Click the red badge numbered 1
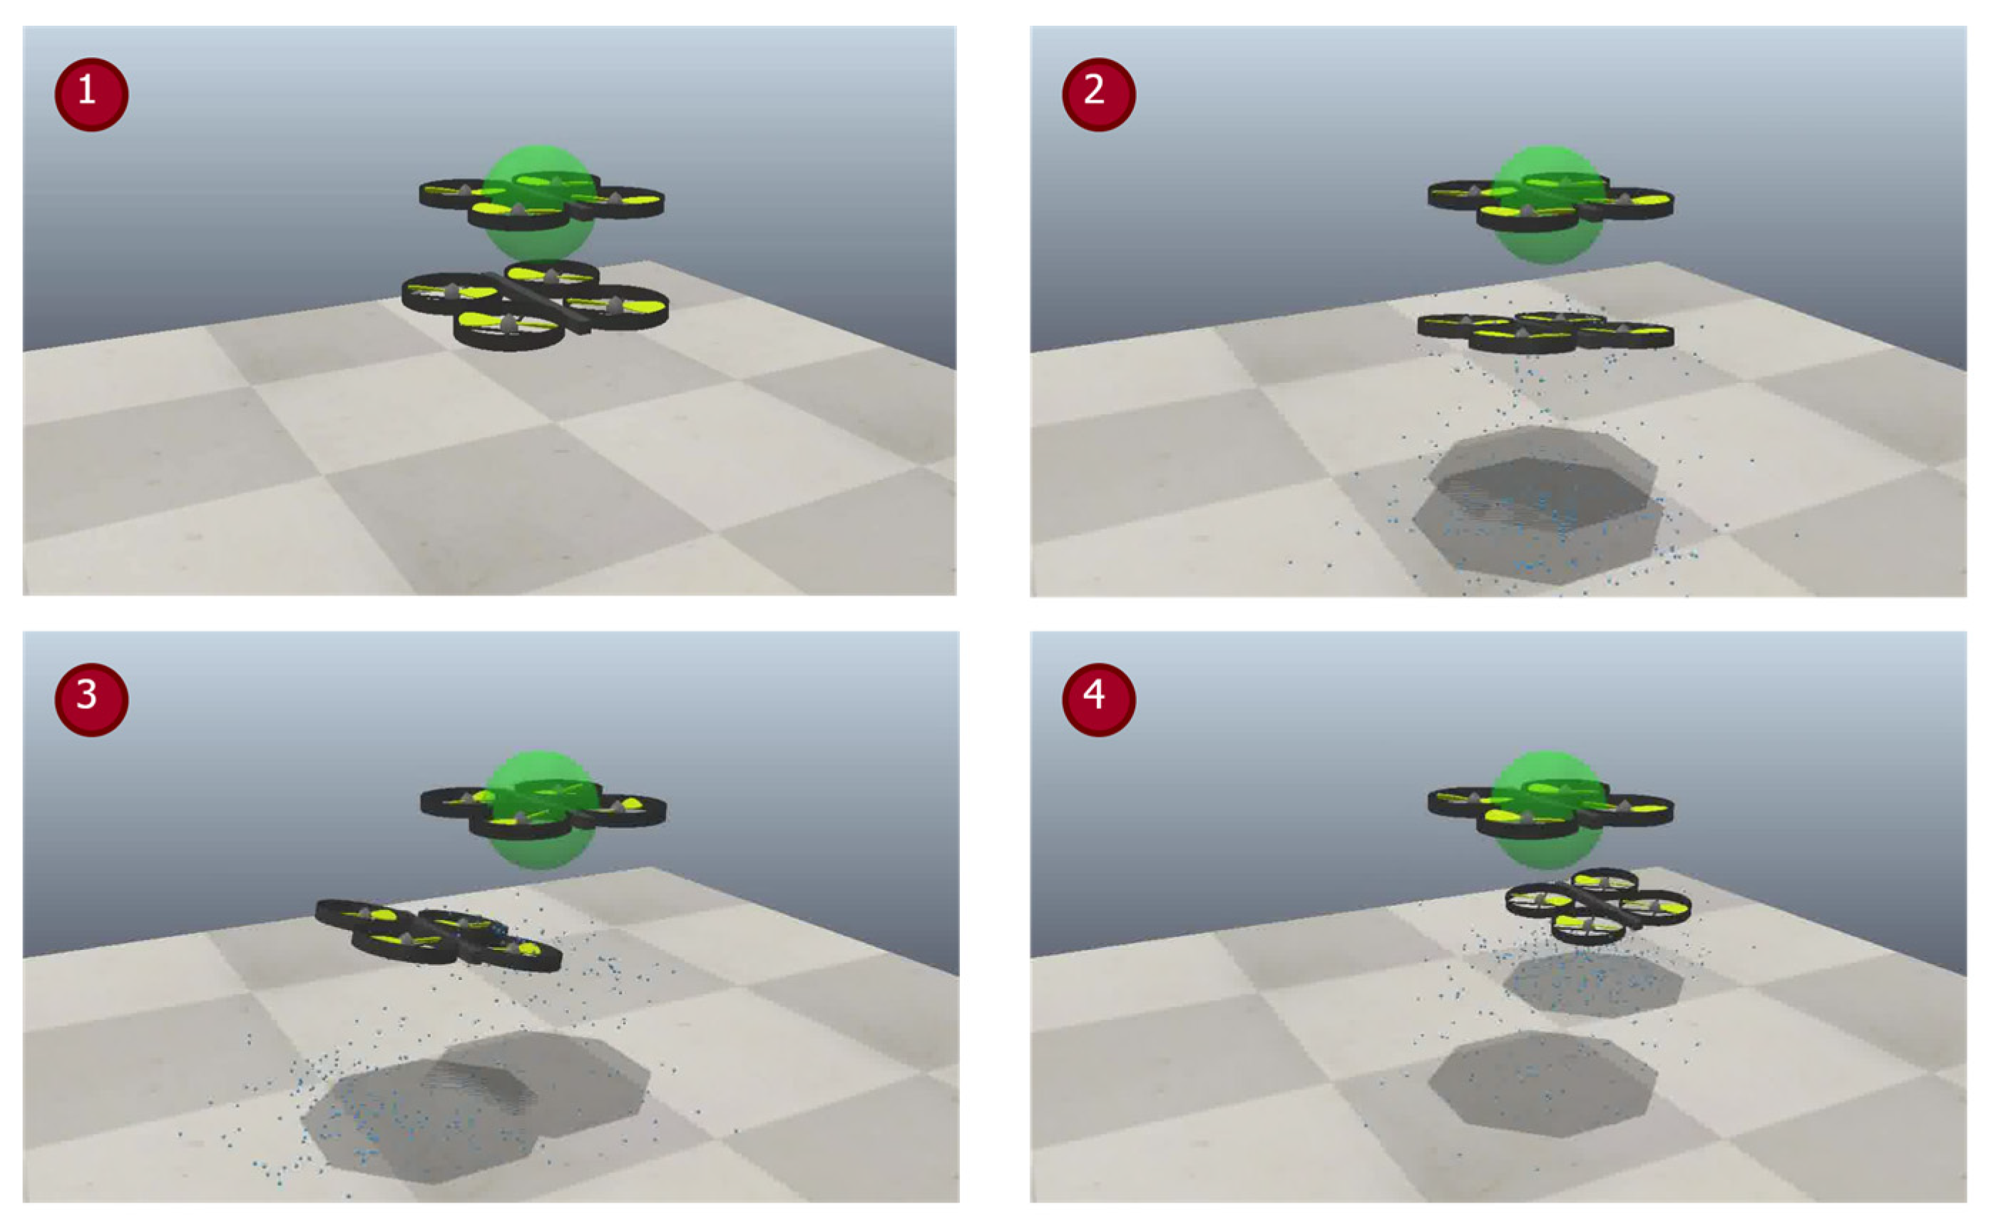click(x=91, y=95)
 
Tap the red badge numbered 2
click(x=1099, y=95)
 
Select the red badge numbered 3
click(x=91, y=700)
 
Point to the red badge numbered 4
click(x=1099, y=700)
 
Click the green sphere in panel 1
click(x=540, y=204)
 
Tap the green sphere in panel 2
click(x=1547, y=205)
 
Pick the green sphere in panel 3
click(x=540, y=809)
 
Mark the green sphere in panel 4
click(x=1547, y=809)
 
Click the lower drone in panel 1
click(x=535, y=305)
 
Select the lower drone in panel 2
click(x=1545, y=332)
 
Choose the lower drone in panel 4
click(x=1597, y=906)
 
